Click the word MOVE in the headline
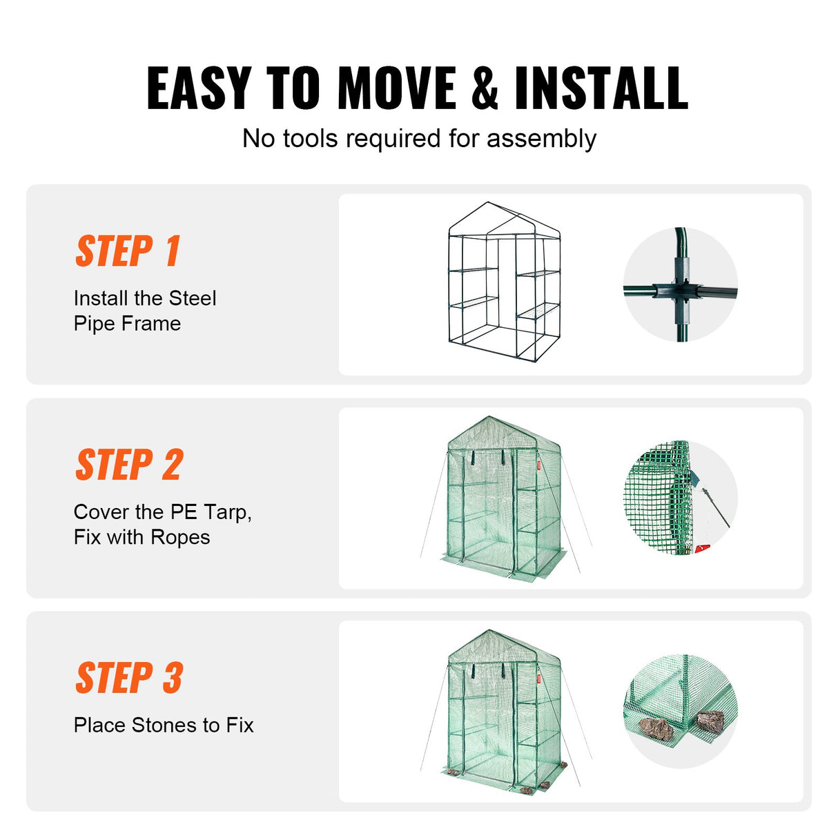[x=396, y=88]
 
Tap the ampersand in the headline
[x=485, y=88]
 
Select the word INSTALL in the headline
[x=601, y=88]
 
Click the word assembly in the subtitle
[x=541, y=139]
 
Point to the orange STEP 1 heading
[x=128, y=251]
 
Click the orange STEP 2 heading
[x=130, y=465]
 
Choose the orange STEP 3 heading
[x=130, y=678]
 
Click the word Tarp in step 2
[x=225, y=512]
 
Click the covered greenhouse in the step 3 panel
[x=504, y=711]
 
